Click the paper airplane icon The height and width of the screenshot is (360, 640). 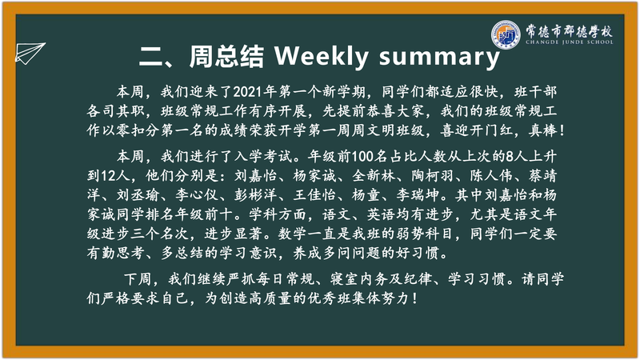(x=30, y=53)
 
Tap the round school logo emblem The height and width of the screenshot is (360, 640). (x=506, y=34)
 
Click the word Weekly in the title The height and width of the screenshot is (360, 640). (x=322, y=56)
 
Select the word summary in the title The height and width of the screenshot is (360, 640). (x=439, y=58)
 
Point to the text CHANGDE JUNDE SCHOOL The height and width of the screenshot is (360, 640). (x=569, y=42)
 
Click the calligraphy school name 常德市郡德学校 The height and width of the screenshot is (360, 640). (x=569, y=30)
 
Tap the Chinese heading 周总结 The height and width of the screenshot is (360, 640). (x=226, y=56)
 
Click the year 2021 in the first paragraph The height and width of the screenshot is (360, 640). (x=247, y=92)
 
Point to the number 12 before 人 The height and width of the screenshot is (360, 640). (x=109, y=176)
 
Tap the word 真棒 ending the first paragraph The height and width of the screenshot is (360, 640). (x=543, y=130)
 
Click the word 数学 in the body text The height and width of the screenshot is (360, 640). (x=292, y=234)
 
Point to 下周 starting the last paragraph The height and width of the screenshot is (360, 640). (x=138, y=279)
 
